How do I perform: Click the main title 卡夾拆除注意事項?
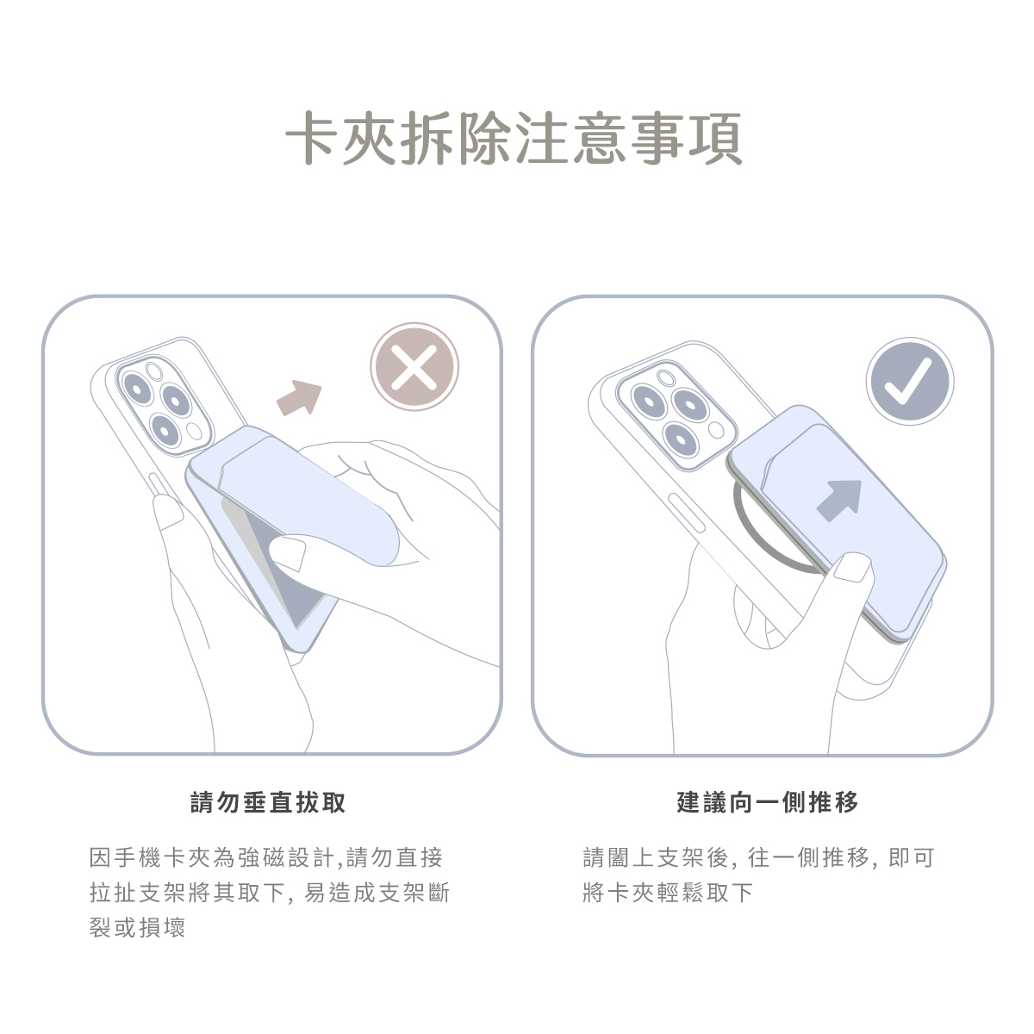click(x=514, y=138)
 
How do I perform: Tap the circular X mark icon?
click(x=414, y=367)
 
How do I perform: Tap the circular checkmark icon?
click(x=910, y=382)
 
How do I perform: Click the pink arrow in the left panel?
click(x=299, y=397)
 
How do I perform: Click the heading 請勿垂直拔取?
click(x=268, y=802)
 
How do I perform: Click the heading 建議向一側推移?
click(x=768, y=802)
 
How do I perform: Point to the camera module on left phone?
click(x=165, y=406)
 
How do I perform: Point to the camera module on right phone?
click(x=676, y=417)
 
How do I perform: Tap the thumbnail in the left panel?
click(x=287, y=552)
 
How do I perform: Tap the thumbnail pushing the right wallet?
click(x=854, y=567)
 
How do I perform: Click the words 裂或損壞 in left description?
click(x=137, y=927)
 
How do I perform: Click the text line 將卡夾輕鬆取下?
click(x=668, y=893)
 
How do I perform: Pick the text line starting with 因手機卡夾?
click(x=266, y=857)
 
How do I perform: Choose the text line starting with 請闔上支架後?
click(x=759, y=857)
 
